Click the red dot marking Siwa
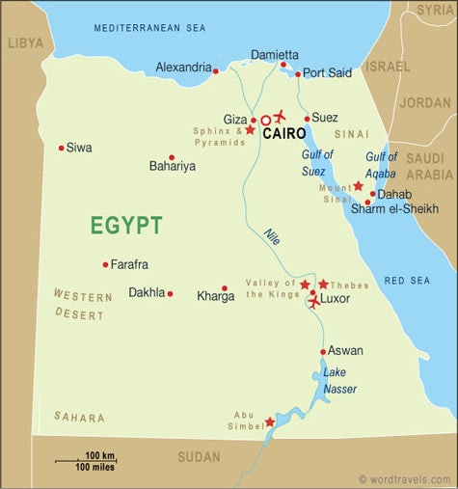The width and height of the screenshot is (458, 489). (x=61, y=148)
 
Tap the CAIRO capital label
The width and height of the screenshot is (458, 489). (x=284, y=134)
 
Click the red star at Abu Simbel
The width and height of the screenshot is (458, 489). (x=269, y=421)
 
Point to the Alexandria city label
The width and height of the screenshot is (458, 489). (x=183, y=68)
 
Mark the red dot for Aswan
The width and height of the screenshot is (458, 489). (x=323, y=351)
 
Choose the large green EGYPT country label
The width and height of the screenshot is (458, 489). (x=126, y=226)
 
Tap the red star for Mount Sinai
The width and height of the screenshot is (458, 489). (x=358, y=185)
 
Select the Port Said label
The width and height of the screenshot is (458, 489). (x=326, y=73)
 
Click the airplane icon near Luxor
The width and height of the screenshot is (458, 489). (x=314, y=302)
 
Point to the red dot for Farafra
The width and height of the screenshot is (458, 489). (x=105, y=264)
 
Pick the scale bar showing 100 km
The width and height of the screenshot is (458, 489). (x=85, y=461)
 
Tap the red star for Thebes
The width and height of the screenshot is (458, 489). (x=323, y=285)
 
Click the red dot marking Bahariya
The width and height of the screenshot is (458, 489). (x=172, y=157)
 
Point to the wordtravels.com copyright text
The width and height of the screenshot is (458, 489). (x=404, y=478)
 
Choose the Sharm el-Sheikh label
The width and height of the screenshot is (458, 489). (x=394, y=209)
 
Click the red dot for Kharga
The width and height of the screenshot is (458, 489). (x=225, y=287)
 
